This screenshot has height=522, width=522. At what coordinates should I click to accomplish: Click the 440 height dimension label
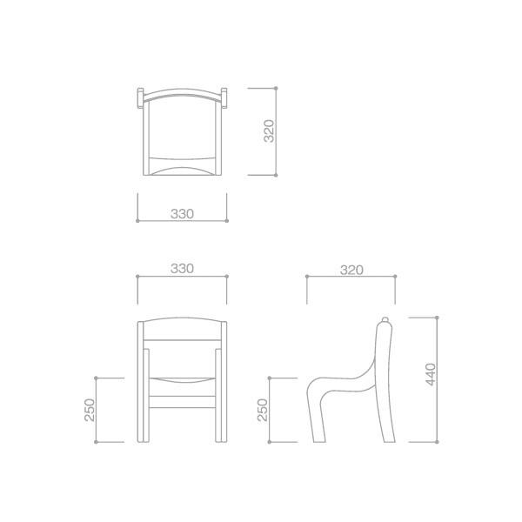point(431,374)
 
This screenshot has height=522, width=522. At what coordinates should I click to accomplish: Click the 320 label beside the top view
point(269,130)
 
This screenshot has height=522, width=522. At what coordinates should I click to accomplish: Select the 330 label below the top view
point(182,214)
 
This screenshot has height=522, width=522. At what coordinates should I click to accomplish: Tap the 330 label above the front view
point(182,268)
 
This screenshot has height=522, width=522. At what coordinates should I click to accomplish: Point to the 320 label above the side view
point(351,270)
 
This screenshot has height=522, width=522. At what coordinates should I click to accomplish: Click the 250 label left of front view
point(90,410)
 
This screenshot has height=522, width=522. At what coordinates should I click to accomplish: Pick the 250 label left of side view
point(263,410)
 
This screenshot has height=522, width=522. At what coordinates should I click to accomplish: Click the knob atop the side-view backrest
point(385,319)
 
